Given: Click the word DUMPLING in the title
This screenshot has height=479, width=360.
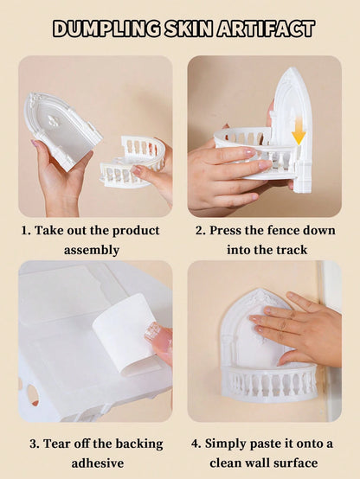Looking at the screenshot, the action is pyautogui.click(x=106, y=29).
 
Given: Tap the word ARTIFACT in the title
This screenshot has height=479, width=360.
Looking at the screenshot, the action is pyautogui.click(x=266, y=29).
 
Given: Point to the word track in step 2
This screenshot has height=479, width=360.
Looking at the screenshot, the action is pyautogui.click(x=292, y=250).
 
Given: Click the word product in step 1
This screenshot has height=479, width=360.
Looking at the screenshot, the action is pyautogui.click(x=136, y=231).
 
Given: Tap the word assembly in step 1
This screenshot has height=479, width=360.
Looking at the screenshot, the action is pyautogui.click(x=92, y=251).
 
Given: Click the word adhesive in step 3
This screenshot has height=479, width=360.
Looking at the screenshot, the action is pyautogui.click(x=98, y=463).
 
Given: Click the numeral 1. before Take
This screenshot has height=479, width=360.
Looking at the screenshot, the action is pyautogui.click(x=26, y=231).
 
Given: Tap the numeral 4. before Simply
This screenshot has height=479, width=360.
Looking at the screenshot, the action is pyautogui.click(x=196, y=444).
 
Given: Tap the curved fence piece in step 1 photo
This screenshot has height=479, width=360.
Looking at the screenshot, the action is pyautogui.click(x=132, y=162).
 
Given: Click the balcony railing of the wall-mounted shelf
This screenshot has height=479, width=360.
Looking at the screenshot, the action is pyautogui.click(x=269, y=383).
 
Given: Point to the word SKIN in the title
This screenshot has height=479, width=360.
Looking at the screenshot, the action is pyautogui.click(x=189, y=29).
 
